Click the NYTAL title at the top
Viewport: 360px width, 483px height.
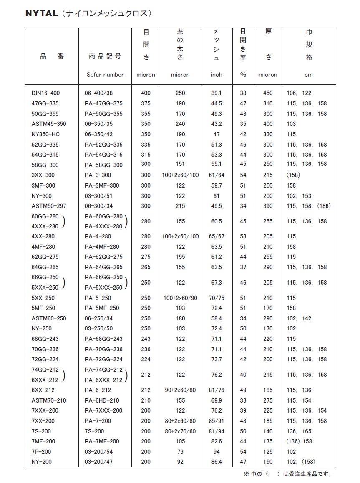point(41,13)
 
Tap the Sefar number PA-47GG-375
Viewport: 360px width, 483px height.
point(103,103)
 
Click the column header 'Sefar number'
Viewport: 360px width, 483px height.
point(105,75)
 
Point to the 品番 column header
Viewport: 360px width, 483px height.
point(52,56)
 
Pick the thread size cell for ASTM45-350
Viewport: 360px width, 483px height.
point(180,124)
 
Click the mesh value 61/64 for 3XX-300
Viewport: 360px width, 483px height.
point(217,175)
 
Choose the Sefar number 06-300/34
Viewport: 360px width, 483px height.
point(98,206)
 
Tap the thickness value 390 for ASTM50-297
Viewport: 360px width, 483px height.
point(268,206)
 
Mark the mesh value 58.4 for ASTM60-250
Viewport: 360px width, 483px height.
point(217,318)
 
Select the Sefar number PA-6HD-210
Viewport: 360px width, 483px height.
point(102,400)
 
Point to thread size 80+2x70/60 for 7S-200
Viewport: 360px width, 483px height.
point(180,431)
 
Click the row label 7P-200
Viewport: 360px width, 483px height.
point(41,452)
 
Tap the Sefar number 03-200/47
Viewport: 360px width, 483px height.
point(98,462)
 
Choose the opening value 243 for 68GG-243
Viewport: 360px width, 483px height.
point(146,339)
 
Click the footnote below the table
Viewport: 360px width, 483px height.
point(287,474)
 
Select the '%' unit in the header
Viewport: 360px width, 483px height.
point(243,75)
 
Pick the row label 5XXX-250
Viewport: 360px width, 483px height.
point(45,288)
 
